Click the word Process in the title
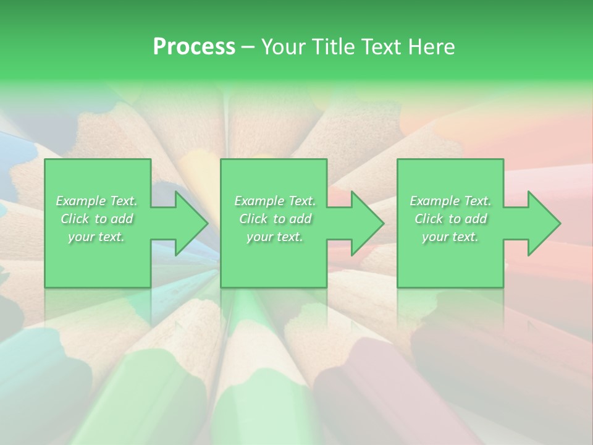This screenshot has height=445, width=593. click(x=194, y=47)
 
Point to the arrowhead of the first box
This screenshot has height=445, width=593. click(x=189, y=223)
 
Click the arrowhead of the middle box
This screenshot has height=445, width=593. click(x=365, y=223)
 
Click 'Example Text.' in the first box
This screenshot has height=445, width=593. click(x=96, y=201)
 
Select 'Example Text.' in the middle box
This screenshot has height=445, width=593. click(x=275, y=201)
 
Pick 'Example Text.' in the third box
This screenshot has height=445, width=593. click(x=450, y=201)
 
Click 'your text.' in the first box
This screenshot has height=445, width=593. click(x=96, y=237)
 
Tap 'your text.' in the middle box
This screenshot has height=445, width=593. click(x=275, y=237)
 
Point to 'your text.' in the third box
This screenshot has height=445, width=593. click(x=450, y=237)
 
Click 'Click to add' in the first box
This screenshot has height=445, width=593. click(x=96, y=219)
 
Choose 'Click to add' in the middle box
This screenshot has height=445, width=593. click(x=275, y=219)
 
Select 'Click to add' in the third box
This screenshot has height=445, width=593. click(x=450, y=219)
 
